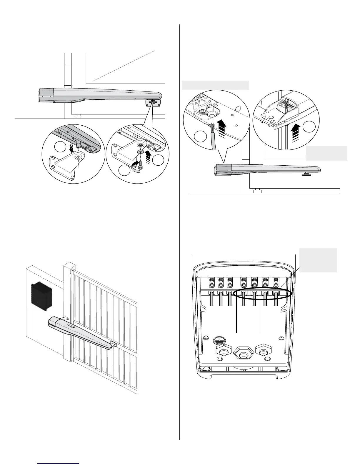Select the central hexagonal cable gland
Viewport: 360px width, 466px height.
[243, 352]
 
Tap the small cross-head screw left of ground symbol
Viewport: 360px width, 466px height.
[206, 337]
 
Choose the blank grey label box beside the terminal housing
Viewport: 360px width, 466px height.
[318, 260]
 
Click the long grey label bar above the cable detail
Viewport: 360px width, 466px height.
[215, 85]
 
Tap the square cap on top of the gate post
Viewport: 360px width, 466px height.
[69, 266]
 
